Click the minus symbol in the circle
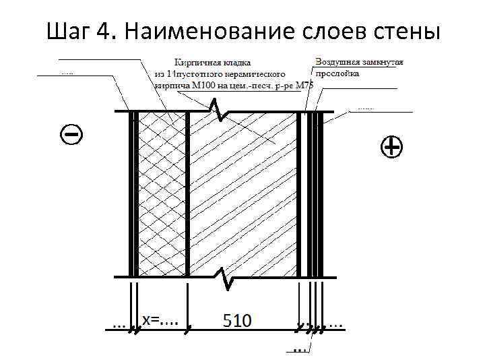click(72, 135)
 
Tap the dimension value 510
click(236, 321)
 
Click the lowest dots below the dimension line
click(300, 349)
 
